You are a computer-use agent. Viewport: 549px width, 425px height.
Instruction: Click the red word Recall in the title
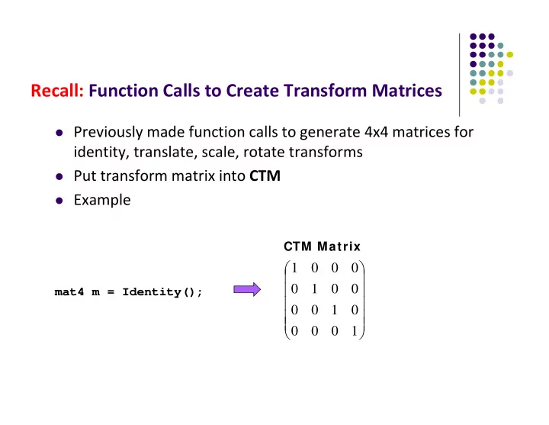click(57, 90)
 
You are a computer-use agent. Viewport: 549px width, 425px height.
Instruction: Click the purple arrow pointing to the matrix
click(247, 289)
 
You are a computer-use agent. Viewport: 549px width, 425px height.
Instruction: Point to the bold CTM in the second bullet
click(265, 175)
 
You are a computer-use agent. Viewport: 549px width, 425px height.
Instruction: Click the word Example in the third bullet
click(102, 200)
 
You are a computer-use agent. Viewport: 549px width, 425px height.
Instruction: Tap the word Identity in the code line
click(151, 292)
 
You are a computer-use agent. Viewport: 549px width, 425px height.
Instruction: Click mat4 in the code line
click(69, 292)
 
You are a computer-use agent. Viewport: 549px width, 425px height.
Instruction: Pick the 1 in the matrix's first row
click(294, 268)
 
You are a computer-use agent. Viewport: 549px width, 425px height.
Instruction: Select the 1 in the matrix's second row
click(314, 289)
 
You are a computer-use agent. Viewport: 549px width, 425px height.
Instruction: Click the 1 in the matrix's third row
click(335, 310)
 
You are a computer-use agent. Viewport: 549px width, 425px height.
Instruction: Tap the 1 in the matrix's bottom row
click(355, 330)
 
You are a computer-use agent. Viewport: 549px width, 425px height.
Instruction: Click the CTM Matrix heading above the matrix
click(322, 246)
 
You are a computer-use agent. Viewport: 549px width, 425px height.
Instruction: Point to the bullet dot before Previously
click(59, 133)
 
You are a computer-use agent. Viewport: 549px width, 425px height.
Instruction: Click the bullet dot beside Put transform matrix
click(59, 176)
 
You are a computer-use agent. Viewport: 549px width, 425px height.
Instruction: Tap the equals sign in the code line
click(111, 292)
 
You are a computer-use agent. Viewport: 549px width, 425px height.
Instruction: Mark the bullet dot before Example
click(59, 201)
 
